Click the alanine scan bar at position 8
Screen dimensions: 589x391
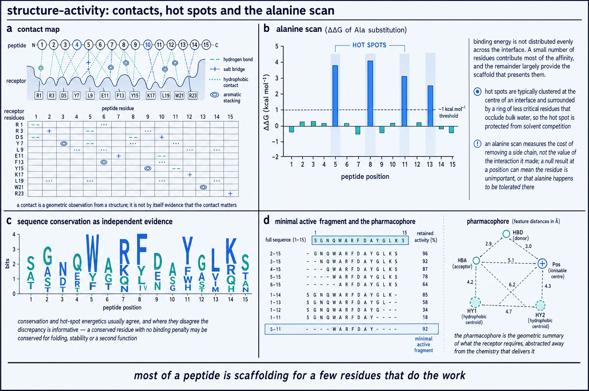[370, 94]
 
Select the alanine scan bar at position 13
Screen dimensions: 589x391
[430, 106]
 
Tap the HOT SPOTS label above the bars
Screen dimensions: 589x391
[369, 45]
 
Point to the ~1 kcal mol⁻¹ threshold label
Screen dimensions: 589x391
[452, 112]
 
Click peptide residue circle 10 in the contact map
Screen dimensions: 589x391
[148, 45]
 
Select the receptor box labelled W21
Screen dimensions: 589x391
[179, 95]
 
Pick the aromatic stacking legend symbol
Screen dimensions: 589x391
[215, 95]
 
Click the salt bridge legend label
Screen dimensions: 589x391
[234, 69]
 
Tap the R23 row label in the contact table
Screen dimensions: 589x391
[19, 194]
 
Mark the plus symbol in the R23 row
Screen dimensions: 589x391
[230, 194]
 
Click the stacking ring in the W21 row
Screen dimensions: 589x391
[203, 187]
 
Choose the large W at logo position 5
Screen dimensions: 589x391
[92, 253]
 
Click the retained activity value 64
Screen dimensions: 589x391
[425, 284]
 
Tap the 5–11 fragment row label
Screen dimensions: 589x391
[275, 329]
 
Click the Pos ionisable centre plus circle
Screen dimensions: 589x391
[542, 264]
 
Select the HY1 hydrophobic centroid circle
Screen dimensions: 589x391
[475, 302]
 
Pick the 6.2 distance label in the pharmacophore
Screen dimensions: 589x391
[512, 285]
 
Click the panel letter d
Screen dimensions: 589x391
[266, 221]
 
